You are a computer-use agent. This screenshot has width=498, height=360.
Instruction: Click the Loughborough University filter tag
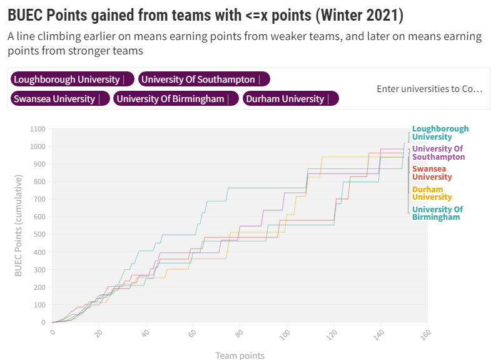pyautogui.click(x=66, y=80)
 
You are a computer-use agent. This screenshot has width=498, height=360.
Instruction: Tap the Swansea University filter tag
pyautogui.click(x=54, y=99)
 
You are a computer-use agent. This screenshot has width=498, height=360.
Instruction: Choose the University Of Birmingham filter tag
pyautogui.click(x=170, y=99)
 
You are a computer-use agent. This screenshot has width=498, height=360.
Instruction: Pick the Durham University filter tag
pyautogui.click(x=285, y=99)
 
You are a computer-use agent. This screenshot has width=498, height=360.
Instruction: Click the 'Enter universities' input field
pyautogui.click(x=429, y=89)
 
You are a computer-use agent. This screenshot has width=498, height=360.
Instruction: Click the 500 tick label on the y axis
pyautogui.click(x=40, y=235)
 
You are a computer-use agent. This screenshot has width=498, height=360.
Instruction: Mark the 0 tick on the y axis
pyautogui.click(x=44, y=323)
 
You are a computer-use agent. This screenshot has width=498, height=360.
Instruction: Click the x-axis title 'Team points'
pyautogui.click(x=240, y=356)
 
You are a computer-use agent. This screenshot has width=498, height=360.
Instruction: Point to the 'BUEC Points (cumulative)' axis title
pyautogui.click(x=19, y=225)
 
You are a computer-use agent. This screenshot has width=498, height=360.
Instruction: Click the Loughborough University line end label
pyautogui.click(x=440, y=133)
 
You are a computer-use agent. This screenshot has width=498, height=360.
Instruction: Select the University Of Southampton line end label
pyautogui.click(x=438, y=153)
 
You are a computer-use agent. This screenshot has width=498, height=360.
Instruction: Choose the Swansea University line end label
pyautogui.click(x=432, y=173)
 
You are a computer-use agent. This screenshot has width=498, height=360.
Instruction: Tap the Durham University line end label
pyautogui.click(x=432, y=193)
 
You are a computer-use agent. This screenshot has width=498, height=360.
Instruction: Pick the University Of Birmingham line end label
pyautogui.click(x=437, y=213)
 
